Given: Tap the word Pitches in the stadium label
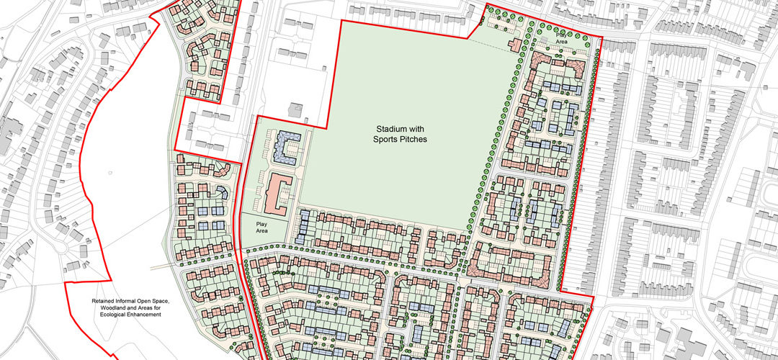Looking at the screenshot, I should click(404, 139).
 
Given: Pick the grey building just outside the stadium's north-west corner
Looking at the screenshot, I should click(295, 110).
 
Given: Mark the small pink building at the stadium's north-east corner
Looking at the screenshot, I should click(514, 45).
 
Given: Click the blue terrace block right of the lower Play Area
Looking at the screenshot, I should click(303, 225).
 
